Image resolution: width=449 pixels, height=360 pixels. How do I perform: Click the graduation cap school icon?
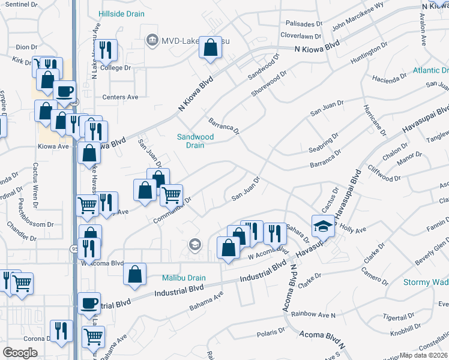pyautogui.click(x=323, y=226)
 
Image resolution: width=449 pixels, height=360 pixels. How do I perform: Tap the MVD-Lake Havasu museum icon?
pyautogui.click(x=151, y=40)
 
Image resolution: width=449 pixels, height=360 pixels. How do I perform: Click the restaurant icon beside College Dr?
pyautogui.click(x=107, y=50)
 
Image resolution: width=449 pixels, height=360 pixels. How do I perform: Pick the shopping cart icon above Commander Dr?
pyautogui.click(x=172, y=194)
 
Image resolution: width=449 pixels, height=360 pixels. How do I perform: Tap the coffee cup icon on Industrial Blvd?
pyautogui.click(x=89, y=302)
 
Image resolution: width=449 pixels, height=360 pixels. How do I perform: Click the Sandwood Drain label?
pyautogui.click(x=196, y=141)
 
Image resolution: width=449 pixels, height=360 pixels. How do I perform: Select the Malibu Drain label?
pyautogui.click(x=184, y=278)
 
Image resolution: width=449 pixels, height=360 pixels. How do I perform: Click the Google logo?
pyautogui.click(x=20, y=353)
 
